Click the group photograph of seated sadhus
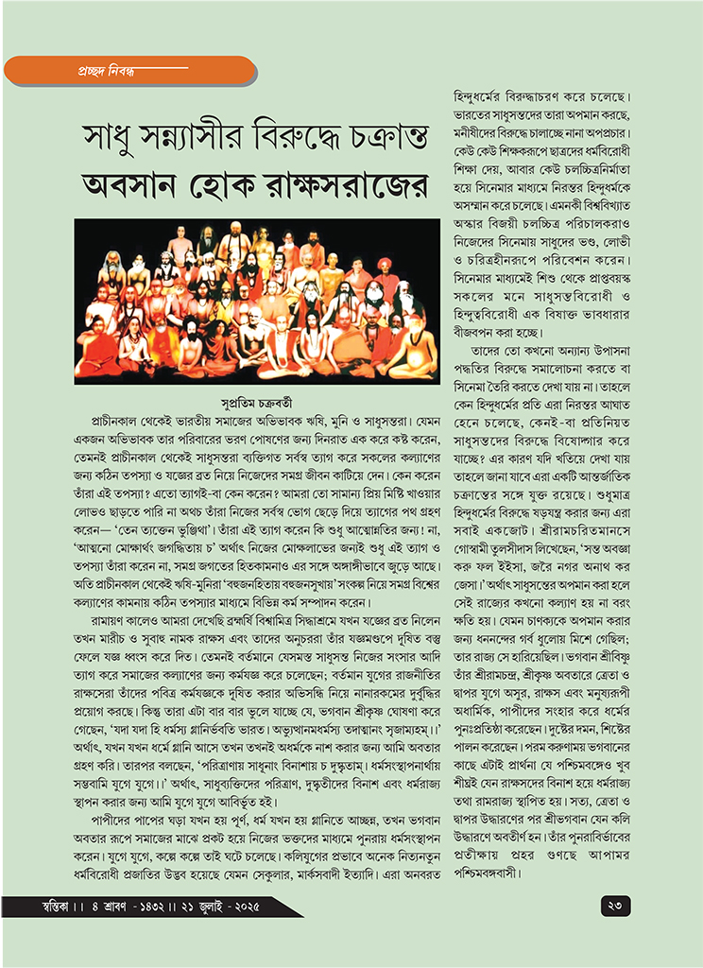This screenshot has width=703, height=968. [x=255, y=299]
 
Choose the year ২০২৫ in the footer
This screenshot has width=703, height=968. [x=248, y=907]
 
